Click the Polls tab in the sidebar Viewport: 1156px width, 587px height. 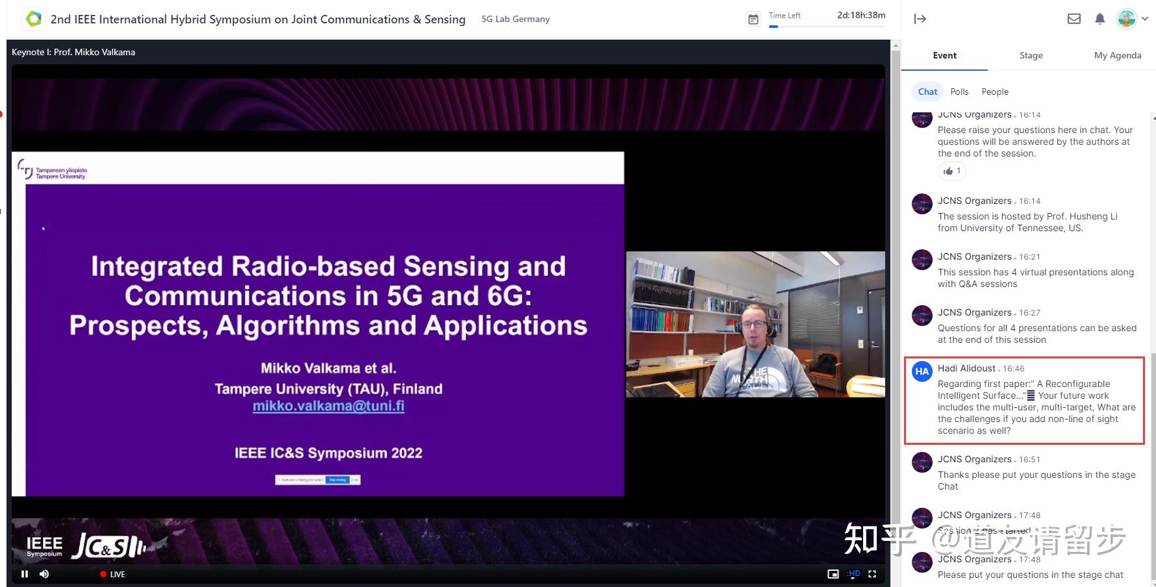click(x=959, y=92)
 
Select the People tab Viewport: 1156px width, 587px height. click(x=995, y=92)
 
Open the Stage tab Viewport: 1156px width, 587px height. click(x=1031, y=55)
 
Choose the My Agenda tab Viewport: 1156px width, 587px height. click(x=1117, y=55)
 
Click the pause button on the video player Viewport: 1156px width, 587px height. click(x=25, y=574)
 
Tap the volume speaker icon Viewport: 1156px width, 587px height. click(x=44, y=574)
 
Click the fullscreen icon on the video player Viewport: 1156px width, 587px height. click(x=872, y=574)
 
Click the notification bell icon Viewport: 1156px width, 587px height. click(x=1099, y=19)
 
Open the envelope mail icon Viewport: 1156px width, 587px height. click(x=1074, y=19)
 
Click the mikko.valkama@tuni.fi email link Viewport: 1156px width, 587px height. click(x=328, y=406)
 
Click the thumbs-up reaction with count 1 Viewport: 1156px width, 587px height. click(x=952, y=171)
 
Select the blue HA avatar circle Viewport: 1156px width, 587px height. click(x=922, y=371)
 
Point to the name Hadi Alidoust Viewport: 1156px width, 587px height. click(x=966, y=368)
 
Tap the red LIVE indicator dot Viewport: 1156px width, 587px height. click(x=103, y=574)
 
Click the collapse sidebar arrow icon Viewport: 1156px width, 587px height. click(x=920, y=19)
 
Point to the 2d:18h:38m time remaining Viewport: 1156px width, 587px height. click(x=861, y=15)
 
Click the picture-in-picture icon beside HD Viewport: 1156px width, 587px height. click(x=833, y=574)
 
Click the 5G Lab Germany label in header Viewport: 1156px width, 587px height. click(x=515, y=19)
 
